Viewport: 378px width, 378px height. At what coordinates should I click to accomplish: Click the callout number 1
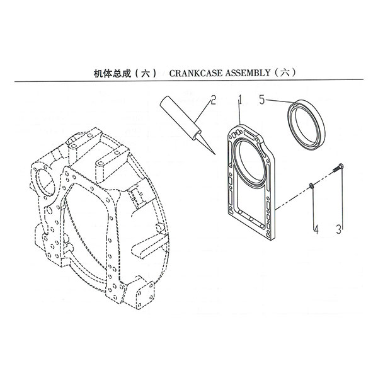click(x=240, y=100)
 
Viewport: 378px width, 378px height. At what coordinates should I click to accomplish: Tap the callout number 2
click(x=213, y=100)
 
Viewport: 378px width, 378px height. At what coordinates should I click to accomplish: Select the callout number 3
click(x=339, y=229)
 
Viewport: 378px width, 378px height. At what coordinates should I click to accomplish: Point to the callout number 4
click(x=316, y=229)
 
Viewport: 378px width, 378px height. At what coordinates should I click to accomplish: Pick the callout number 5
click(x=262, y=100)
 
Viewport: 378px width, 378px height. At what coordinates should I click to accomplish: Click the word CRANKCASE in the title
click(x=195, y=73)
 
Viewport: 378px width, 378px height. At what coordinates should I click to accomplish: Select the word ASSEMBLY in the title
click(x=248, y=73)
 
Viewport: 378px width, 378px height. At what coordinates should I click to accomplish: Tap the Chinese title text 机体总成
click(x=112, y=74)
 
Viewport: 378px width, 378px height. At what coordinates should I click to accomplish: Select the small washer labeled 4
click(x=311, y=185)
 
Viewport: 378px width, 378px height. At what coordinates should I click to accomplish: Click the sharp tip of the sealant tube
click(x=214, y=154)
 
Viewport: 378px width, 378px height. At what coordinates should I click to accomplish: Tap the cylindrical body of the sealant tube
click(x=180, y=118)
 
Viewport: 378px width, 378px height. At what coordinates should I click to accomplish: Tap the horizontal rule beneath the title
click(x=189, y=81)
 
